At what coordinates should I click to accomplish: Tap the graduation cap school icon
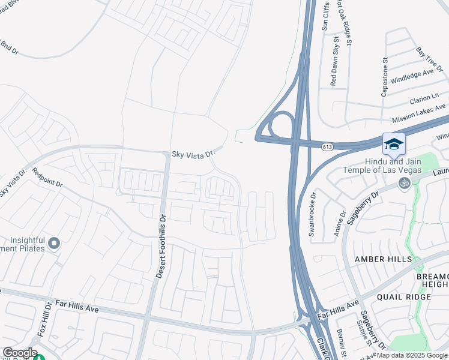pos(394,144)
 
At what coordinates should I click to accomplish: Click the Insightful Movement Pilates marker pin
pos(54,244)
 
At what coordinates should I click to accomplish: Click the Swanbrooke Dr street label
pos(312,214)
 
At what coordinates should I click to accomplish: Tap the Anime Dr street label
pos(343,222)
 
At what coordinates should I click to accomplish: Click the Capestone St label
pos(385,77)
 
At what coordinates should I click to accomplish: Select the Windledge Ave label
pos(411,76)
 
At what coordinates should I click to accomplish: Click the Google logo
pos(20,353)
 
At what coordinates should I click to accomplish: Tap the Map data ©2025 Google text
pos(412,355)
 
